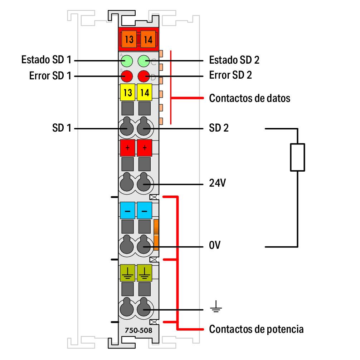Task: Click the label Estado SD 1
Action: pyautogui.click(x=46, y=60)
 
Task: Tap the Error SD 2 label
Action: pyautogui.click(x=230, y=75)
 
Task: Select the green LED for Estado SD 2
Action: pyautogui.click(x=144, y=61)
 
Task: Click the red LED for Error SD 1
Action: pyautogui.click(x=127, y=76)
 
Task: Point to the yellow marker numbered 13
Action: pyautogui.click(x=127, y=93)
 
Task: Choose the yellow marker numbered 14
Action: pyautogui.click(x=145, y=93)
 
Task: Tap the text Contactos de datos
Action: pyautogui.click(x=249, y=98)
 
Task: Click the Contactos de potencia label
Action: pyautogui.click(x=256, y=329)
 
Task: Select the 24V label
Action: pyautogui.click(x=218, y=184)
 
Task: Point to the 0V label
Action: pyautogui.click(x=215, y=246)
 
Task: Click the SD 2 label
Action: pyautogui.click(x=219, y=128)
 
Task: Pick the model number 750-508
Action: pyautogui.click(x=138, y=331)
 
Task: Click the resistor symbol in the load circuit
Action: pyautogui.click(x=297, y=157)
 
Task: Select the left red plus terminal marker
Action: pyautogui.click(x=127, y=148)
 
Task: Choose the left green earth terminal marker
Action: pyautogui.click(x=127, y=273)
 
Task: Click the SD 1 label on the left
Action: pyautogui.click(x=62, y=128)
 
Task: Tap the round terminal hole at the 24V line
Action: pyautogui.click(x=144, y=184)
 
